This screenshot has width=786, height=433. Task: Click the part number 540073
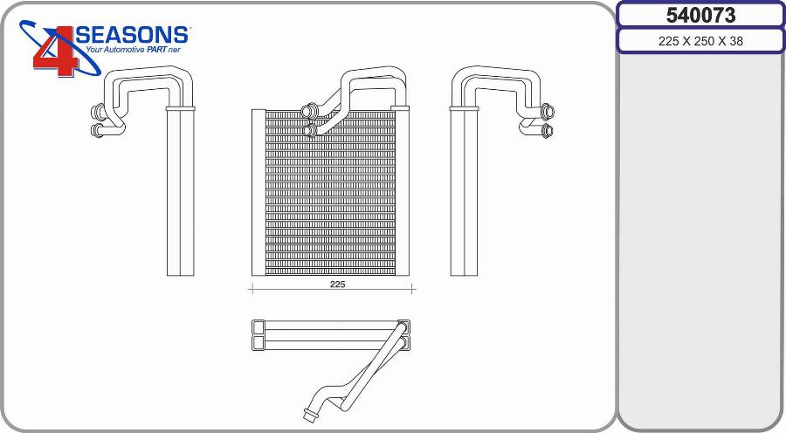tap(700, 15)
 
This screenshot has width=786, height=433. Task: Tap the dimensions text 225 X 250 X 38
tap(700, 41)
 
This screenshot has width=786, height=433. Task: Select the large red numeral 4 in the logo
tap(55, 52)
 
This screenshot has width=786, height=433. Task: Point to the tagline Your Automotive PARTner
tap(132, 51)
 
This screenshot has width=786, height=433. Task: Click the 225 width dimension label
tap(337, 285)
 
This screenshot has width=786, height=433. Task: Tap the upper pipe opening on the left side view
tap(97, 112)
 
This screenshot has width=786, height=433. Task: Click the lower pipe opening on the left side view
tap(97, 131)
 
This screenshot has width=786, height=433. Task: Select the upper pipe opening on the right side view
tap(548, 112)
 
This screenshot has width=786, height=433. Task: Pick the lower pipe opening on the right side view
tap(548, 131)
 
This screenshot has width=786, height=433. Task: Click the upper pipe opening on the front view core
tap(306, 111)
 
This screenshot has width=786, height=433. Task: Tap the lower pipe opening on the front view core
tap(311, 131)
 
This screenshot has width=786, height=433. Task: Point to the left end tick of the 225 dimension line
tap(252, 288)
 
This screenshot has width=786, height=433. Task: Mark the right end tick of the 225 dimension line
tap(414, 288)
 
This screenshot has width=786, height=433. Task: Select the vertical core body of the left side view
tap(180, 192)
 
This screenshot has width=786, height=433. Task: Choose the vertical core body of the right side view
tap(464, 192)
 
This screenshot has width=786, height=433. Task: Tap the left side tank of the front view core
tap(258, 192)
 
